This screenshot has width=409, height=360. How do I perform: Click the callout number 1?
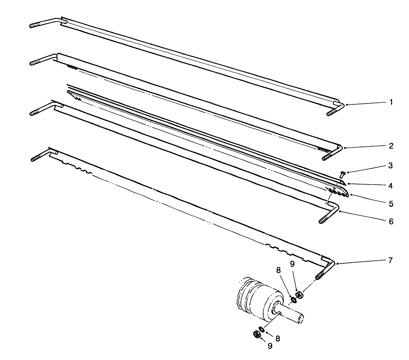[x=391, y=102]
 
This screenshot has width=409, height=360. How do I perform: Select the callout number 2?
[x=391, y=146]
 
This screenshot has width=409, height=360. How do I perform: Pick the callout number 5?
[x=391, y=203]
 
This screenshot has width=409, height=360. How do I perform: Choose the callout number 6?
[x=391, y=221]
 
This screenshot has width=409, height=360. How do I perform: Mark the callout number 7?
[x=391, y=260]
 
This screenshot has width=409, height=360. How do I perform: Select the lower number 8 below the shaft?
[x=278, y=339]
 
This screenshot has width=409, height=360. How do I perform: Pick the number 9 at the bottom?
[x=270, y=346]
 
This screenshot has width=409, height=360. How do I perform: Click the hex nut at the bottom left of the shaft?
[x=256, y=334]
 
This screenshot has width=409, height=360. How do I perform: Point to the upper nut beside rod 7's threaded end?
[x=299, y=294]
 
